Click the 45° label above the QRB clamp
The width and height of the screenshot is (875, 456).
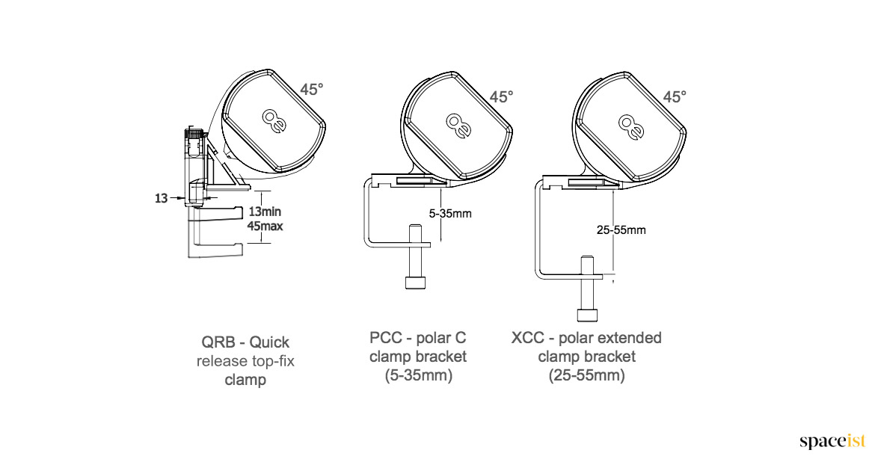[x=311, y=90]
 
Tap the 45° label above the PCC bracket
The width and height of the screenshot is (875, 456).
[x=501, y=97]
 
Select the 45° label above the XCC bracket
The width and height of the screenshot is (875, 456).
[x=674, y=97]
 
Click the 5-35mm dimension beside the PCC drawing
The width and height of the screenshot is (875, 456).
[x=449, y=214]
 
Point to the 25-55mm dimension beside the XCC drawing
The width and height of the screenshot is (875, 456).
[x=621, y=229]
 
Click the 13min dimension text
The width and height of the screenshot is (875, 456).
[x=265, y=212]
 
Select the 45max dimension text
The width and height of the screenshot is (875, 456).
[x=265, y=227]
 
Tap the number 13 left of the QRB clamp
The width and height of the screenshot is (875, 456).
[x=162, y=198]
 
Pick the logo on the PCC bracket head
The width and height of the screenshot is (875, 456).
[x=458, y=125]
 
